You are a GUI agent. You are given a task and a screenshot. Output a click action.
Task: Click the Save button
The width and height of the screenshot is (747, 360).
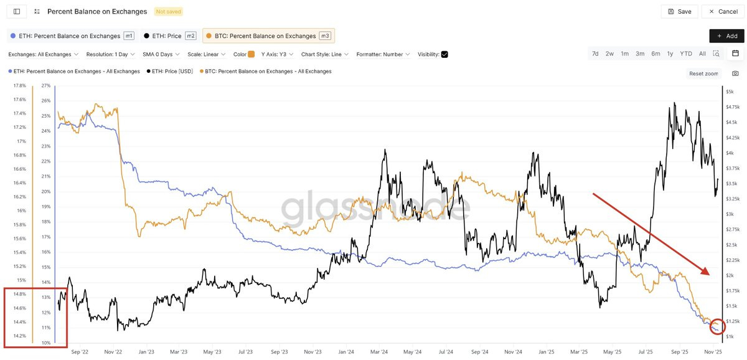(679, 11)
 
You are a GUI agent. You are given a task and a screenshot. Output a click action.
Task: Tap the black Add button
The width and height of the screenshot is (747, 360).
(726, 36)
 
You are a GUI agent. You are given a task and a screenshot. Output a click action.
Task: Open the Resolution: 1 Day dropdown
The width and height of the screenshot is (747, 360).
(110, 54)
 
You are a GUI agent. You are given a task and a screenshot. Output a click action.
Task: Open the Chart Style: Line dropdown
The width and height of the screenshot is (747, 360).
(324, 54)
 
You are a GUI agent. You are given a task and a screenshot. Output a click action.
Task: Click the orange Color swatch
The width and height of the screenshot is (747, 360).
(251, 54)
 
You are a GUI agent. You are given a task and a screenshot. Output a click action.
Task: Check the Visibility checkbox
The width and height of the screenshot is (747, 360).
(444, 54)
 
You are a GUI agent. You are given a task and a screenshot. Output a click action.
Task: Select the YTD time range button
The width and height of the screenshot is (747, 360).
(685, 54)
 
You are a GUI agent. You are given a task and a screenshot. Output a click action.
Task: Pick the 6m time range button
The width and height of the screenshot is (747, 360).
(655, 54)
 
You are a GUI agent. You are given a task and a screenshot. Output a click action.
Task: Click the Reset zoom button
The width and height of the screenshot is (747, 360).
(703, 73)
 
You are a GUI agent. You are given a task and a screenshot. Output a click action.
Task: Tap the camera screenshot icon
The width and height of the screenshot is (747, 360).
(735, 73)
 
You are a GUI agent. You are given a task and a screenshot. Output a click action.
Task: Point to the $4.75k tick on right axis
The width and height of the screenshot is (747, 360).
(733, 107)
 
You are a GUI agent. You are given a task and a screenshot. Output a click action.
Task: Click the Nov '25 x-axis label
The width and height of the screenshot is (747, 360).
(713, 351)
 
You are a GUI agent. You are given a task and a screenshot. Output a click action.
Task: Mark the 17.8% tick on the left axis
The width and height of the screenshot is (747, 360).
(19, 85)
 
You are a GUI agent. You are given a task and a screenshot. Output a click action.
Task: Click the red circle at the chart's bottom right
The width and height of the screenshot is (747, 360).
(717, 326)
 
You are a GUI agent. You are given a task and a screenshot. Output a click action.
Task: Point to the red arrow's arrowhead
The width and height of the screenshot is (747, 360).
(707, 272)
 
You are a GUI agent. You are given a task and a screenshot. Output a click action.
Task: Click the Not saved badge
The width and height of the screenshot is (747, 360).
(169, 11)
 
